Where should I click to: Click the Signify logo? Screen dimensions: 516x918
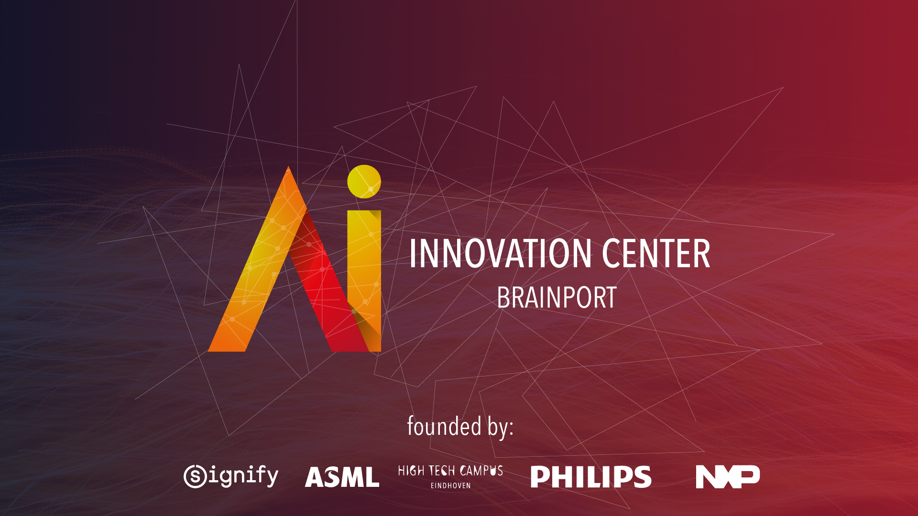231,476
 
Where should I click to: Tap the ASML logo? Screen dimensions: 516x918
342,477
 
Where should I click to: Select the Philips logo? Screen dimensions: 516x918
591,477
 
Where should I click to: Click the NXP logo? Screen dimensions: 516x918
727,476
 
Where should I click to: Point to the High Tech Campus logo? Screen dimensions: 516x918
450,476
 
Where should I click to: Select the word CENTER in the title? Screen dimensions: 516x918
656,254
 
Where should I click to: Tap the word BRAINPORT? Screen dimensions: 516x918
557,298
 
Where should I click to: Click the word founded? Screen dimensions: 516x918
444,426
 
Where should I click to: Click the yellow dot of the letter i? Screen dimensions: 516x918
364,182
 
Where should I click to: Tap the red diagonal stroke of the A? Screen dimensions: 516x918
325,287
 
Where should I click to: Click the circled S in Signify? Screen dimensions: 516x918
195,476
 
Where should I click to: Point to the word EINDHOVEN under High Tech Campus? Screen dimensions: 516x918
450,485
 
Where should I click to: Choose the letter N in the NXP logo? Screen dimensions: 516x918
707,476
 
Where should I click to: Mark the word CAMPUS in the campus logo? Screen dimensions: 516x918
481,471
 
